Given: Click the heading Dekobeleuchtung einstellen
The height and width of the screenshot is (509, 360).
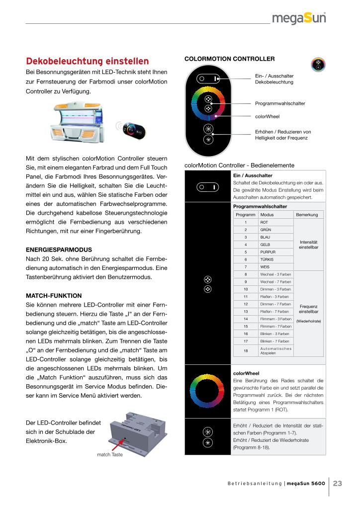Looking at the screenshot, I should tap(87, 62).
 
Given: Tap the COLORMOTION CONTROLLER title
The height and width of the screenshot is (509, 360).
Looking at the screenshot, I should tap(222, 59).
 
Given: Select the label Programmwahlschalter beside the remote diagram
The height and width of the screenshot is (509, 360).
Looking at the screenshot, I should tap(280, 103).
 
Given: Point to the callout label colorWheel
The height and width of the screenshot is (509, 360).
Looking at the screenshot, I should tap(267, 117).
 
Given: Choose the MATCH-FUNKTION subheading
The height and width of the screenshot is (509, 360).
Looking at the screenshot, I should tap(54, 295).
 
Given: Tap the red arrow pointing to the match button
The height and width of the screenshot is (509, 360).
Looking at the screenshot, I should tap(112, 442).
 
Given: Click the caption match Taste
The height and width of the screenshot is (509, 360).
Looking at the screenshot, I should tap(110, 454).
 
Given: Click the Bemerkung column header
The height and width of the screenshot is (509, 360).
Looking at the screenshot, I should tap(308, 215).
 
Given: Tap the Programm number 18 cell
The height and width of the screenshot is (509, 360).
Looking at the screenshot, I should tap(246, 350).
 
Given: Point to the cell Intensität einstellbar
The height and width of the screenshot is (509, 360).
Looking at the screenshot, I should tap(308, 245).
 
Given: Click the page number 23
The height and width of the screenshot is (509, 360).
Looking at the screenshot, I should tap(338, 483).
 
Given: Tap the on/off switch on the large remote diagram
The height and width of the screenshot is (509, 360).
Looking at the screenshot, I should tap(207, 79).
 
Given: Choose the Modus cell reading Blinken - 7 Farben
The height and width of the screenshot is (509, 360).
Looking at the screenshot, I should tap(274, 341).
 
